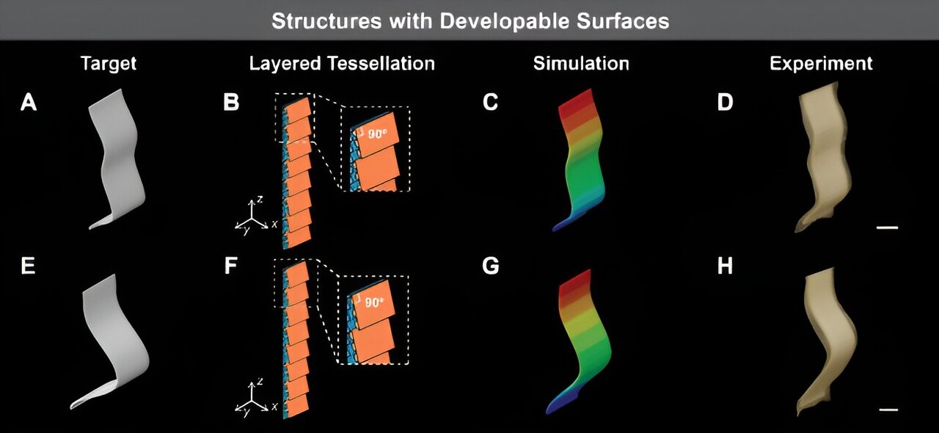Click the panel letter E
29,266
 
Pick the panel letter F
232,266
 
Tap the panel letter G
491,266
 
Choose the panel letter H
725,266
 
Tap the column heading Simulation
581,64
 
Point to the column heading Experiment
821,64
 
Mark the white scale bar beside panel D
888,228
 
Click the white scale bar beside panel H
888,409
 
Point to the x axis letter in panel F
274,406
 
